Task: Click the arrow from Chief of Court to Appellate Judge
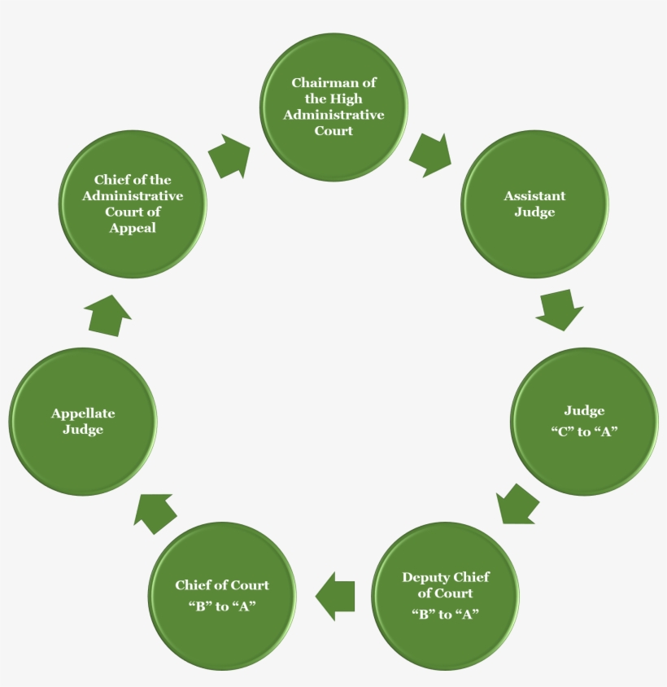[x=155, y=513]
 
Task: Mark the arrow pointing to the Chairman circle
[x=229, y=157]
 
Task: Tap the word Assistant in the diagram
[x=534, y=196]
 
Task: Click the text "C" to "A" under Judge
[x=584, y=431]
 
